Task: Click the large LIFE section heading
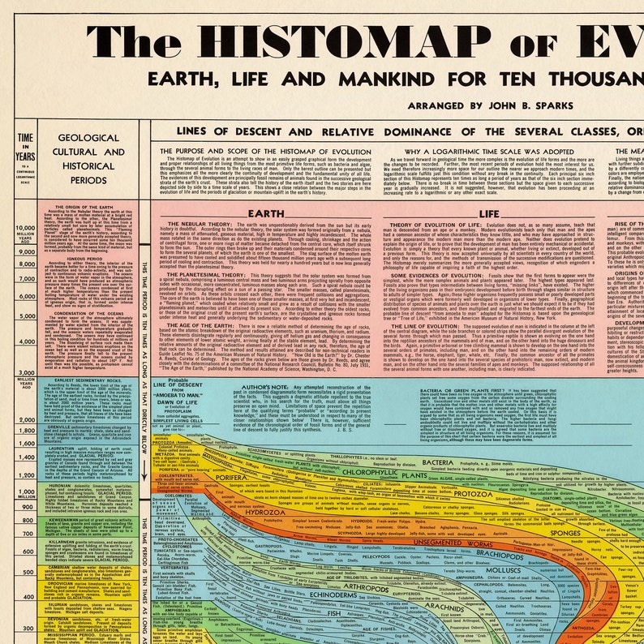pos(488,212)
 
